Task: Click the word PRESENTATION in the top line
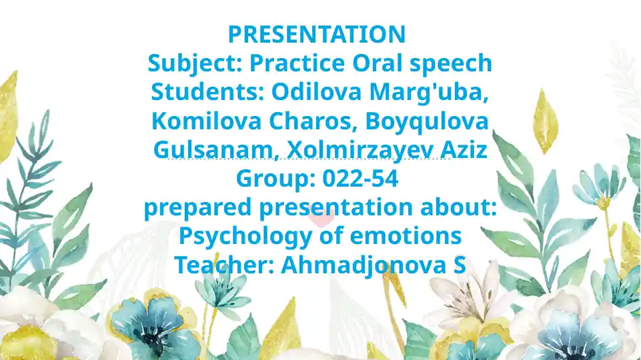[x=316, y=34]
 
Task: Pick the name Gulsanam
[x=213, y=150]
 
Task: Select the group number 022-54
[x=360, y=179]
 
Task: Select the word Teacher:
[x=223, y=265]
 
